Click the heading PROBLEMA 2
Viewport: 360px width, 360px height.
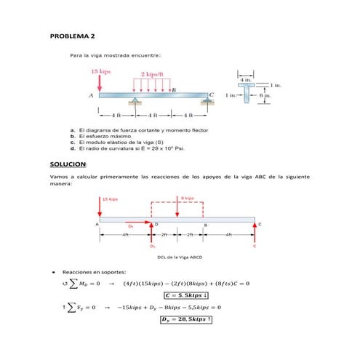[x=72, y=36]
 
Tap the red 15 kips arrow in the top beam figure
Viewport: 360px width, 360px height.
[x=100, y=83]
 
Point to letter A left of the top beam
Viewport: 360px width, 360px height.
[x=91, y=95]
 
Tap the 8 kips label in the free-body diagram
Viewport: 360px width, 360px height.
[x=187, y=198]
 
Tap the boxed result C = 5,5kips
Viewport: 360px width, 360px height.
[x=187, y=295]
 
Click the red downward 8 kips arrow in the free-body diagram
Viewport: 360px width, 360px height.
[x=177, y=207]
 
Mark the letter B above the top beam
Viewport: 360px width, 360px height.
[x=173, y=89]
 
